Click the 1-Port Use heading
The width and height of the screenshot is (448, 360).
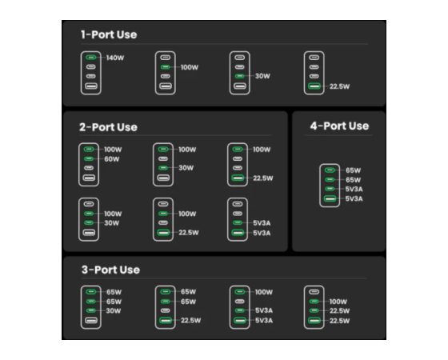[x=109, y=34]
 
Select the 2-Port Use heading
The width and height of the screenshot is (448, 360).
[x=108, y=127]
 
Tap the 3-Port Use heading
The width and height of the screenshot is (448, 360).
[x=110, y=270]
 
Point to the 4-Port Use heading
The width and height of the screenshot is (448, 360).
[x=339, y=126]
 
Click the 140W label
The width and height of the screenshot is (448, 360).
[x=115, y=58]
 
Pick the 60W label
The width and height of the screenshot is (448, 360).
[x=112, y=159]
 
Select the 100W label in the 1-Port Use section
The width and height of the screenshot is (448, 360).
[x=190, y=67]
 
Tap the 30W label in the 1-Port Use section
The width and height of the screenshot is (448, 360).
[x=262, y=76]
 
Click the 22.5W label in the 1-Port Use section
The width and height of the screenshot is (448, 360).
[x=339, y=86]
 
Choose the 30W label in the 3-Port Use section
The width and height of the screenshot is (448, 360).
[x=114, y=311]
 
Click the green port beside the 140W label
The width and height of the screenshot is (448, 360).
[x=91, y=58]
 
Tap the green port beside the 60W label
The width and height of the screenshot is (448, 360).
[x=89, y=159]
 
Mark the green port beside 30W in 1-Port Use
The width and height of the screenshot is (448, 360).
[x=239, y=76]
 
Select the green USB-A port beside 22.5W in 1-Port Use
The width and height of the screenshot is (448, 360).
[x=314, y=86]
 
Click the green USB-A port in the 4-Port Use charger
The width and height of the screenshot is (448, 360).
[x=330, y=198]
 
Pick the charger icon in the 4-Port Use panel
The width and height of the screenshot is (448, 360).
[x=330, y=185]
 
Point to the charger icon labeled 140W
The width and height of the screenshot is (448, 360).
[x=91, y=73]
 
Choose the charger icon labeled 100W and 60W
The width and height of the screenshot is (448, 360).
[x=89, y=165]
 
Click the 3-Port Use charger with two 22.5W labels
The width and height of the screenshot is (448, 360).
[x=314, y=307]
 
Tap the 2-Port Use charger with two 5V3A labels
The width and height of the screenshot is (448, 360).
[x=238, y=219]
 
